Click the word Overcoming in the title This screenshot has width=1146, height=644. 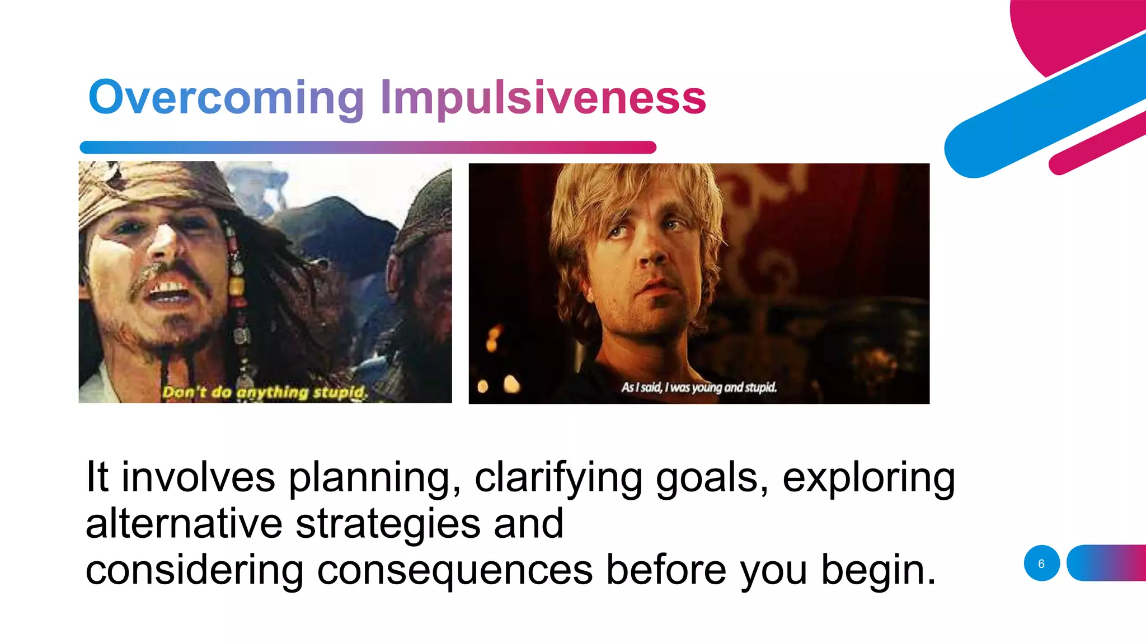click(x=226, y=98)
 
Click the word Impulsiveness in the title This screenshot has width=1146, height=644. click(x=543, y=98)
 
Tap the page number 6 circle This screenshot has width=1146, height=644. click(x=1041, y=563)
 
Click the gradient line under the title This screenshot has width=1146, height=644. click(x=368, y=148)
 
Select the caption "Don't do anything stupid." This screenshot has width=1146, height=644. click(x=265, y=392)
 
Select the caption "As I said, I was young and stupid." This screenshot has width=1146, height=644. click(x=699, y=387)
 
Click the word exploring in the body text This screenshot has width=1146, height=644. click(x=868, y=479)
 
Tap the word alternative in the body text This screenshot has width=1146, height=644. click(x=184, y=524)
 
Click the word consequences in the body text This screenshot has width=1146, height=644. click(x=454, y=570)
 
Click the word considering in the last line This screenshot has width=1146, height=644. click(x=194, y=570)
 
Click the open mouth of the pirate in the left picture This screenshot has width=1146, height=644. click(x=168, y=291)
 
